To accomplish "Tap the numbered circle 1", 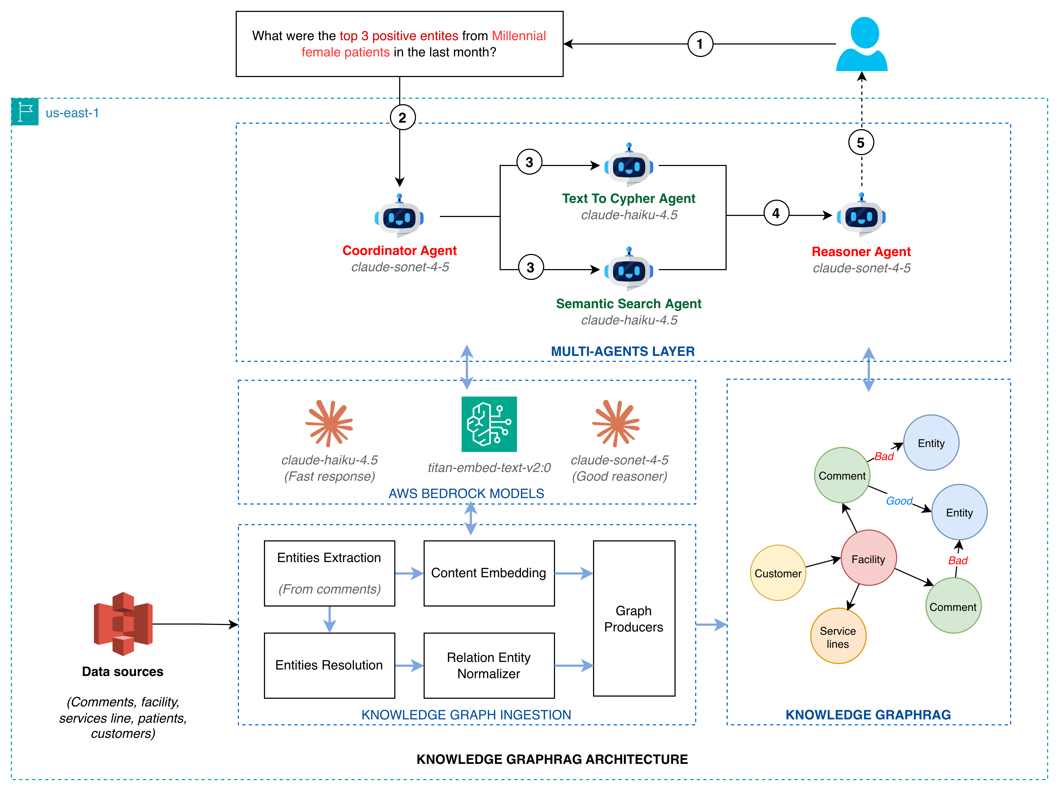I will pos(700,44).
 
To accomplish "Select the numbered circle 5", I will pos(861,142).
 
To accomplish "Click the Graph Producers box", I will pos(634,618).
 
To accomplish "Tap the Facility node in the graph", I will pos(868,559).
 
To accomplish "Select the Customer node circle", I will pos(778,573).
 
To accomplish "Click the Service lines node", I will pos(838,637).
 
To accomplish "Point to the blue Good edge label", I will pos(899,501).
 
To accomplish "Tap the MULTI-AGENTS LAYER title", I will pos(622,352).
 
